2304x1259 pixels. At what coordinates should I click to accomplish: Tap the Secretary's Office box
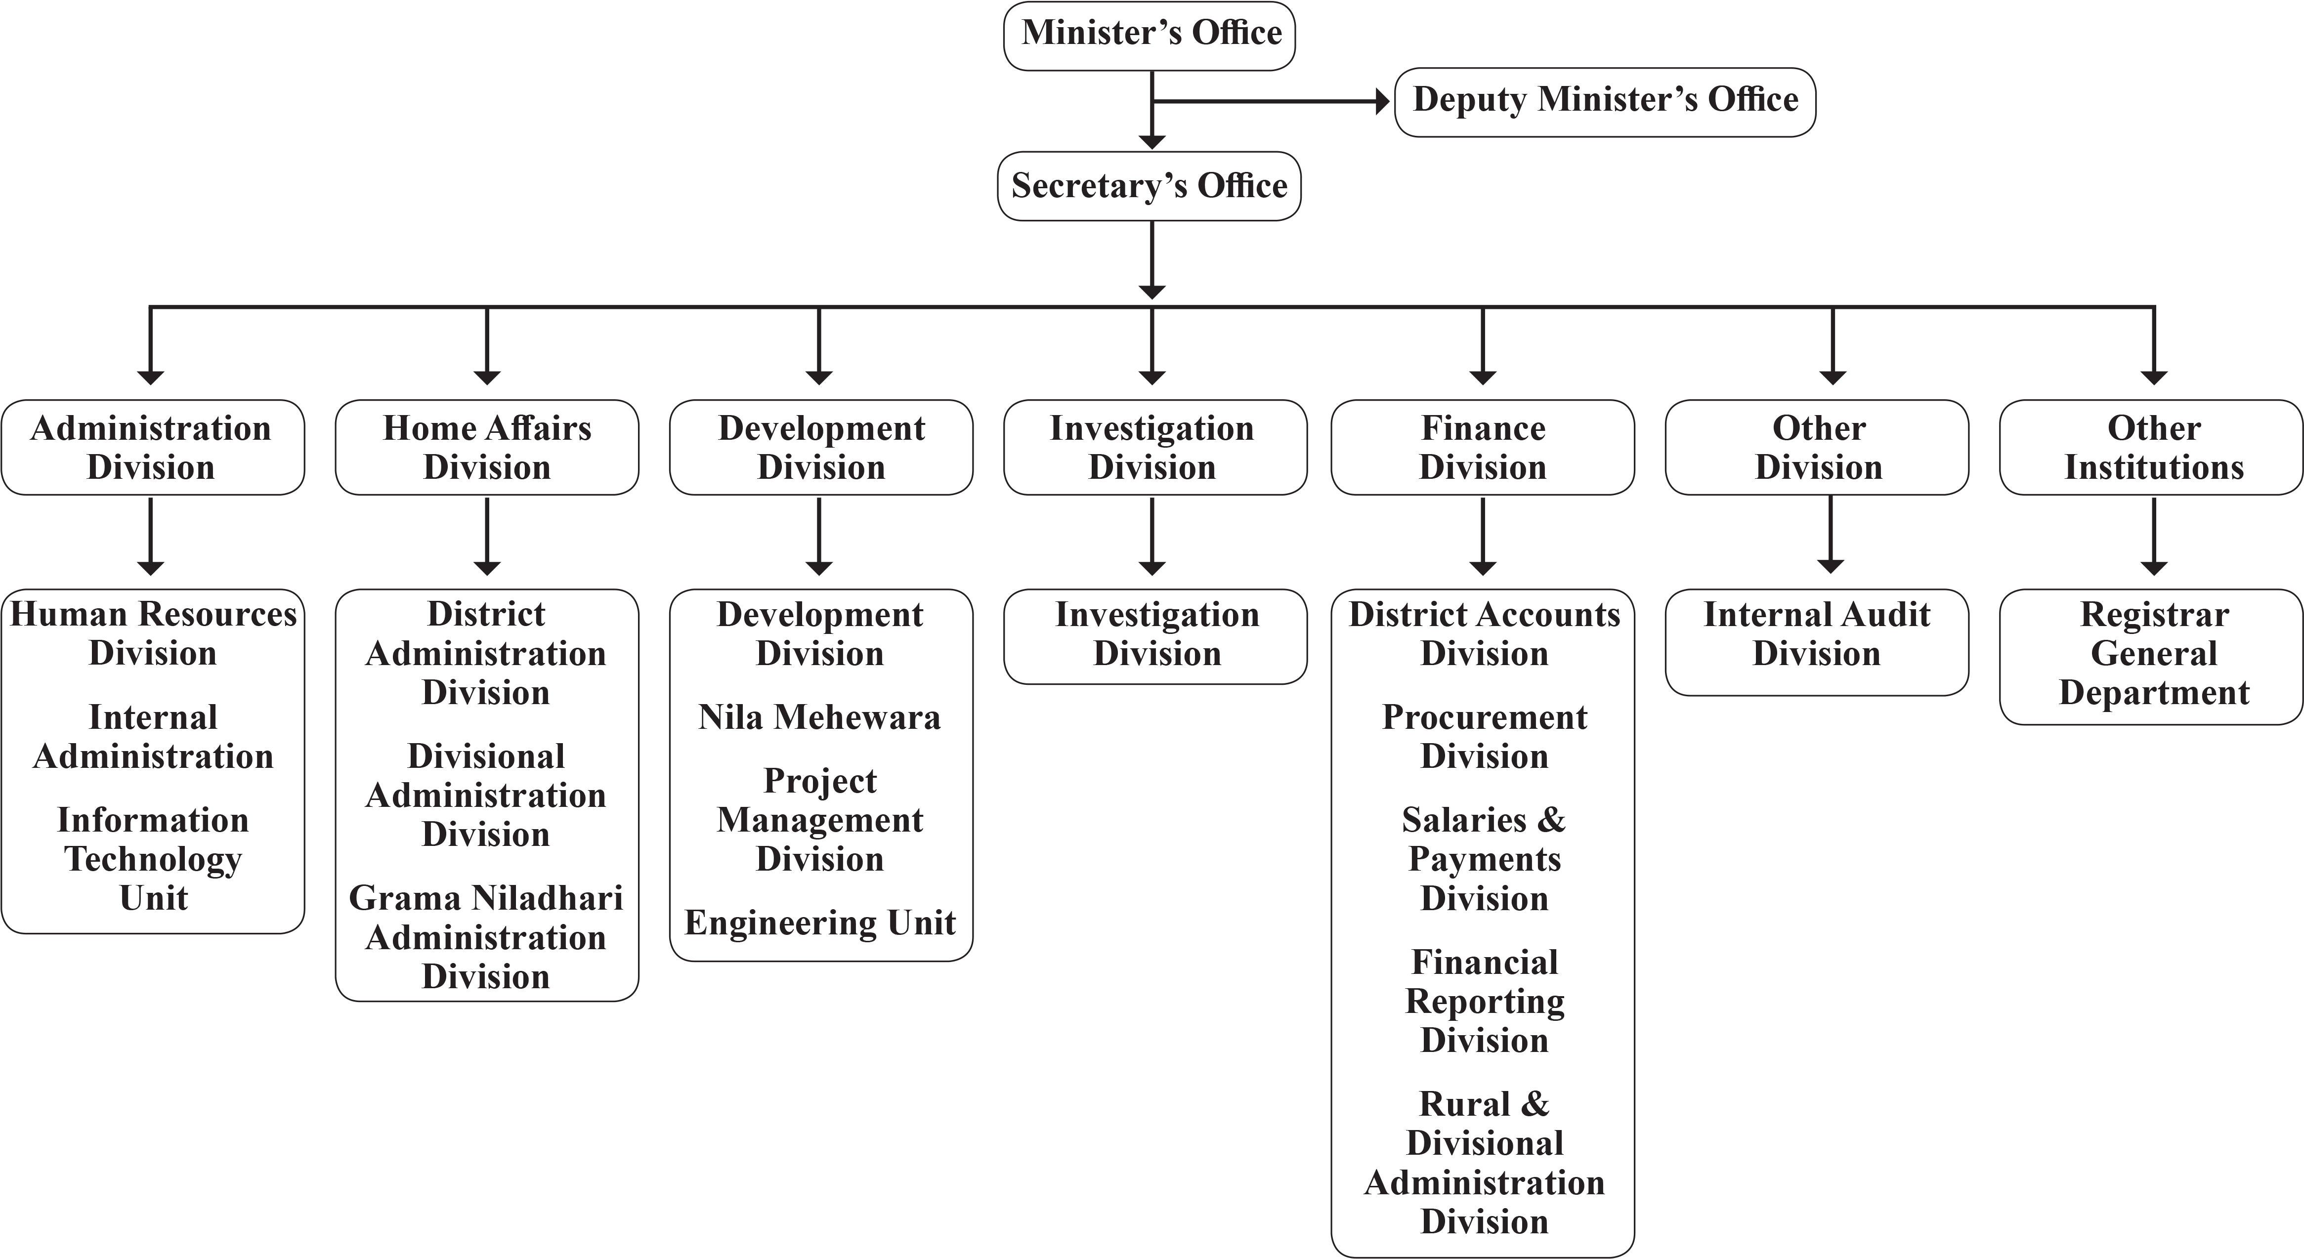pos(1150,186)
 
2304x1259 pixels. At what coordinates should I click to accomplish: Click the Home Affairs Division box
pos(487,447)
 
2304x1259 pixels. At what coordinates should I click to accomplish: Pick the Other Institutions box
pos(2153,447)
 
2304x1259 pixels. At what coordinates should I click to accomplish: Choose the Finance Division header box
pos(1483,447)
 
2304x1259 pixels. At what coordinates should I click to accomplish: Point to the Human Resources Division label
pos(153,633)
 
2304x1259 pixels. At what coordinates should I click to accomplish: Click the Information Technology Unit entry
pos(153,858)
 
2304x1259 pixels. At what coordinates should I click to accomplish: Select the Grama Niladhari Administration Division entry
pos(486,937)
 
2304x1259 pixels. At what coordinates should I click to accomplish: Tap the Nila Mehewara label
pos(819,717)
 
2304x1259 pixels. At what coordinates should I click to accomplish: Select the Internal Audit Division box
pos(1817,634)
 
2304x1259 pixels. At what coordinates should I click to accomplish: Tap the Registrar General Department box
pos(2153,654)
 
